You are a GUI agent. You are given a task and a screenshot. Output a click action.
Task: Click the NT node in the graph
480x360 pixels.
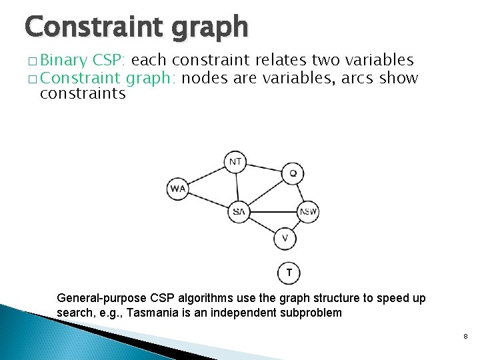tap(235, 162)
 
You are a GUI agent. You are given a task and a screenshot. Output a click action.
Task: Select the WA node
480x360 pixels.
tap(177, 189)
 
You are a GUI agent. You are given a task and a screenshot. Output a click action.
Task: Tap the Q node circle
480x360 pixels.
tap(293, 174)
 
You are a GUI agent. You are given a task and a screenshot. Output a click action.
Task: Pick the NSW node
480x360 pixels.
tap(308, 212)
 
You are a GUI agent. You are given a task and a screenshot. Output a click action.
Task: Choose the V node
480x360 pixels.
tap(285, 238)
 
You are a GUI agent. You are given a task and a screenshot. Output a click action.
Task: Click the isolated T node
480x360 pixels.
tap(289, 273)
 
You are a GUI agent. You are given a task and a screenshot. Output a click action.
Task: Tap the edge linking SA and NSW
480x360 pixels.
tap(273, 212)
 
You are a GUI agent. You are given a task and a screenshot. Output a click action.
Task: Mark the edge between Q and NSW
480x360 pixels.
tap(300, 193)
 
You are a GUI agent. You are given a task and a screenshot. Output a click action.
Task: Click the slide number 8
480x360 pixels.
tap(465, 337)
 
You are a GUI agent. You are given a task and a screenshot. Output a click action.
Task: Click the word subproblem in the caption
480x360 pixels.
tap(307, 312)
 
